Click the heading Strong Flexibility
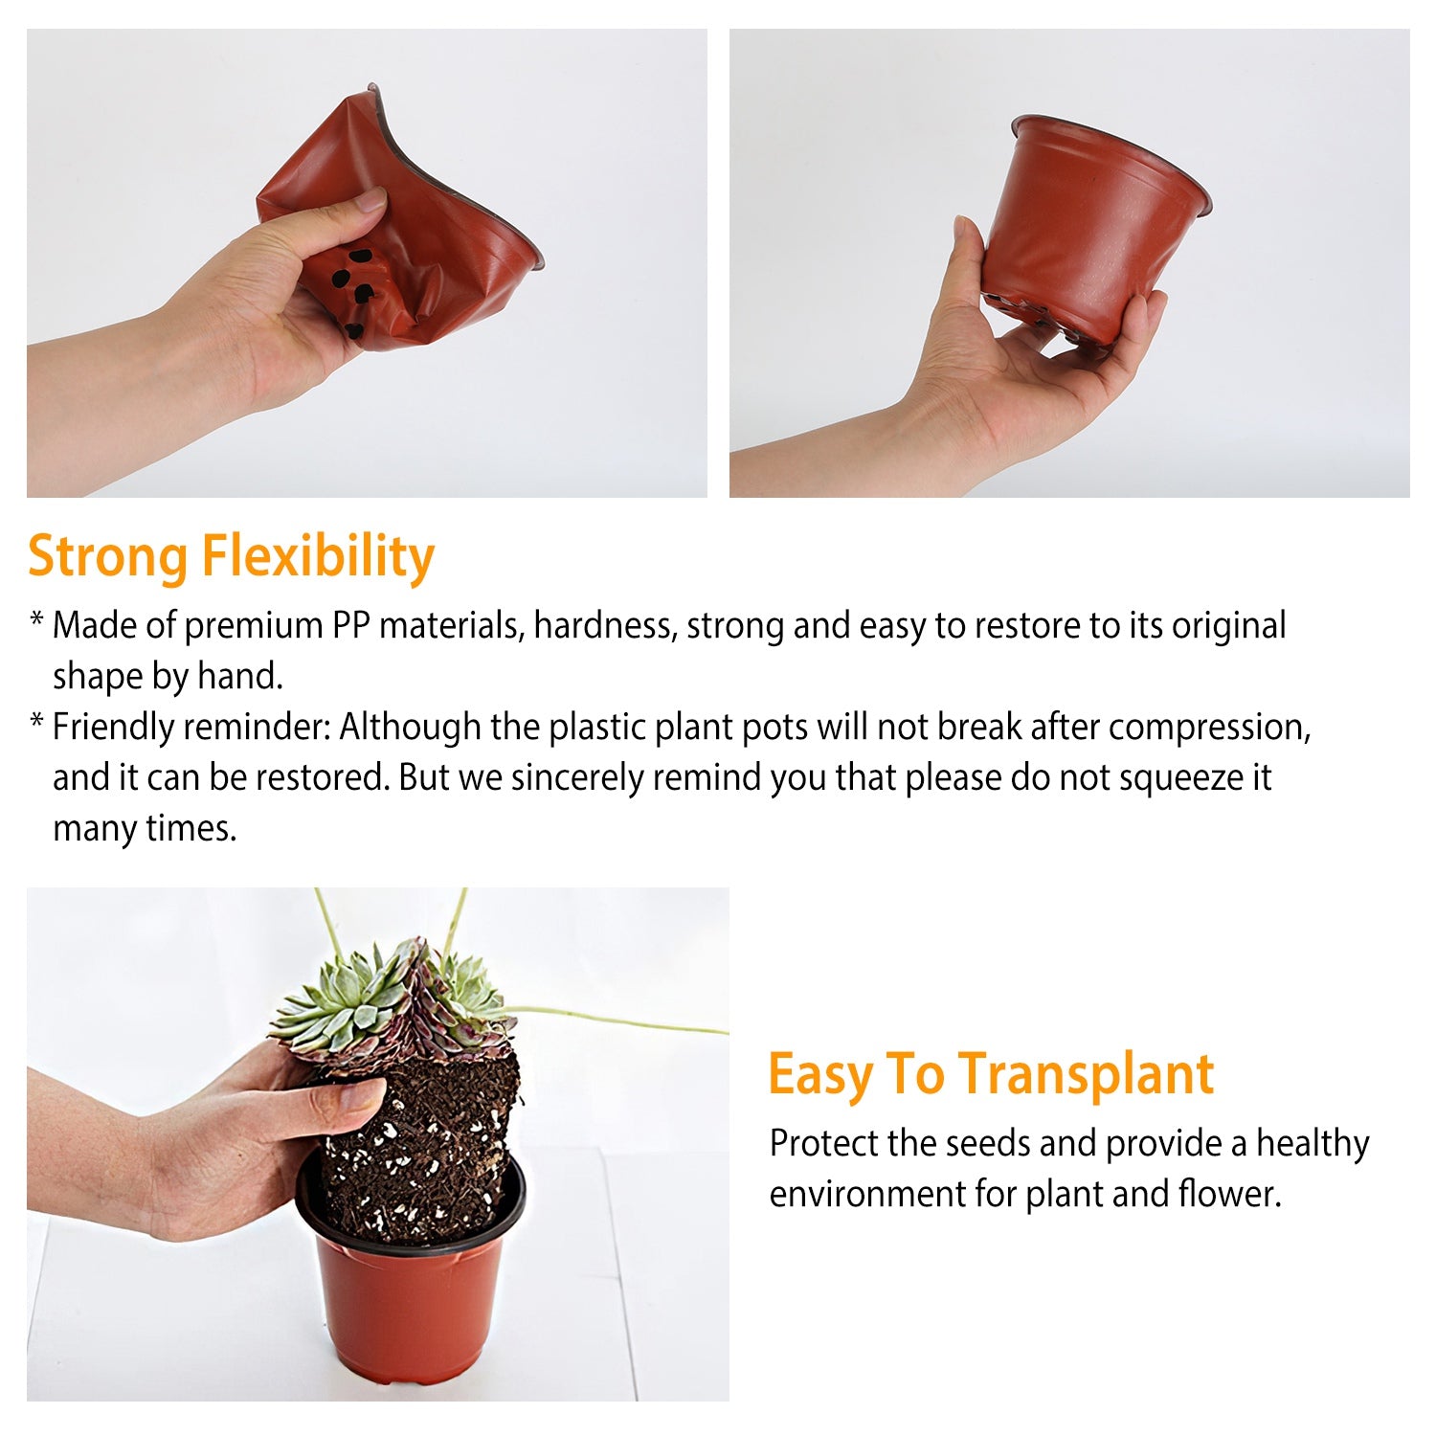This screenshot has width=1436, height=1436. point(231,557)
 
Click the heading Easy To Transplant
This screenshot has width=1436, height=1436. point(990,1074)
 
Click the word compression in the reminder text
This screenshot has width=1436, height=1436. point(1208,728)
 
